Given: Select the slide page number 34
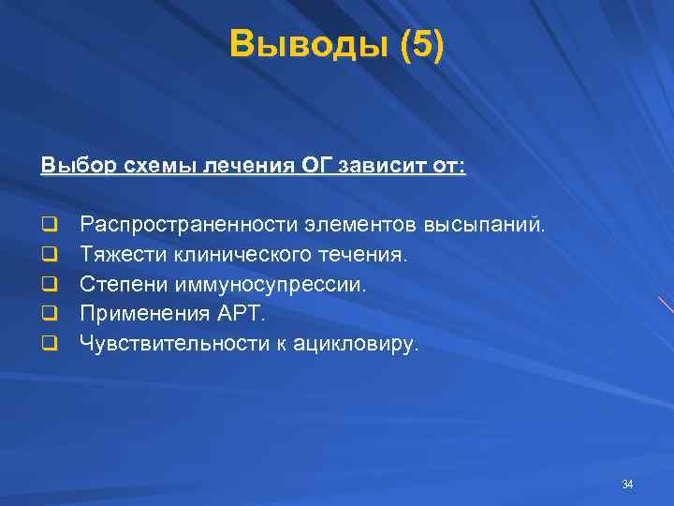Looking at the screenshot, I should (x=627, y=484).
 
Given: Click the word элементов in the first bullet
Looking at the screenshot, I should (x=363, y=225).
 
